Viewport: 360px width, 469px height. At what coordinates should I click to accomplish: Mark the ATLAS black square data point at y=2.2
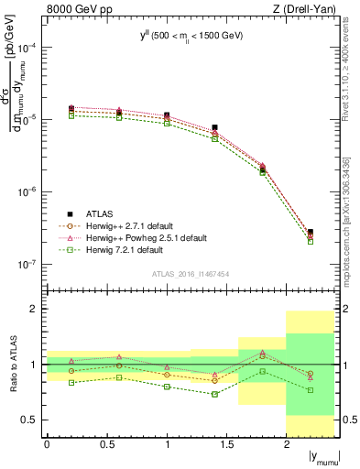click(311, 233)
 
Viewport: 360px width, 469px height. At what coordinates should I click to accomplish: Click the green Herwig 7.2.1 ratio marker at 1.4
click(214, 394)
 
